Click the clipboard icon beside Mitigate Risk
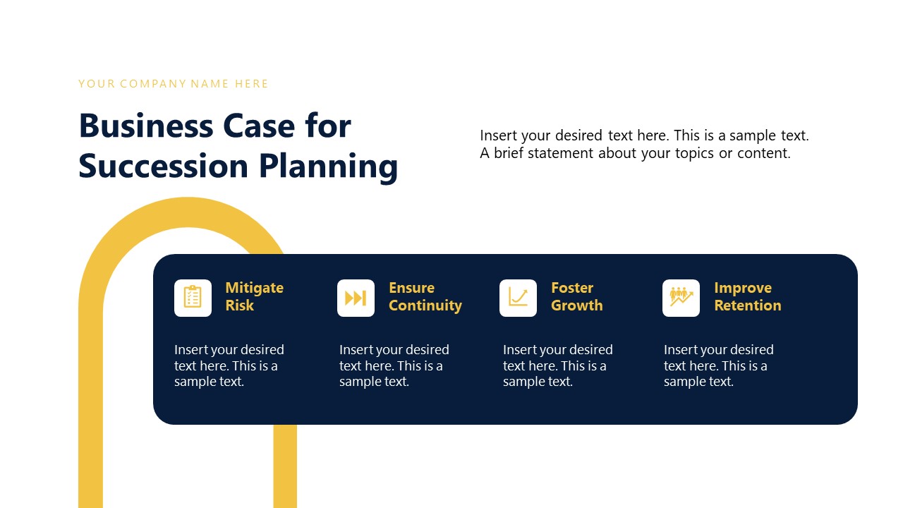pyautogui.click(x=193, y=298)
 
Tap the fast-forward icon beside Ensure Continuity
pyautogui.click(x=356, y=298)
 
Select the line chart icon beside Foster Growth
pyautogui.click(x=518, y=298)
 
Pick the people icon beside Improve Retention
pyautogui.click(x=681, y=298)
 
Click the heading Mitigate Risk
pyautogui.click(x=254, y=296)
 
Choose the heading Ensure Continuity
pyautogui.click(x=425, y=296)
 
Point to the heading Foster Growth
pyautogui.click(x=576, y=296)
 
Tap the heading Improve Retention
pyautogui.click(x=747, y=296)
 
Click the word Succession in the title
pyautogui.click(x=163, y=166)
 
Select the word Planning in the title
pyautogui.click(x=328, y=167)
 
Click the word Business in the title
pyautogui.click(x=146, y=126)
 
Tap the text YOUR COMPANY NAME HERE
pyautogui.click(x=174, y=84)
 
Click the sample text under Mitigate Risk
pyautogui.click(x=229, y=365)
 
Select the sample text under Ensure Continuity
pyautogui.click(x=394, y=365)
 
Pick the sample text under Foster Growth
pyautogui.click(x=557, y=365)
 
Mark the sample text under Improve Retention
pyautogui.click(x=718, y=365)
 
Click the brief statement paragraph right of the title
pyautogui.click(x=644, y=144)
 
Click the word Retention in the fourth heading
pyautogui.click(x=747, y=306)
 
